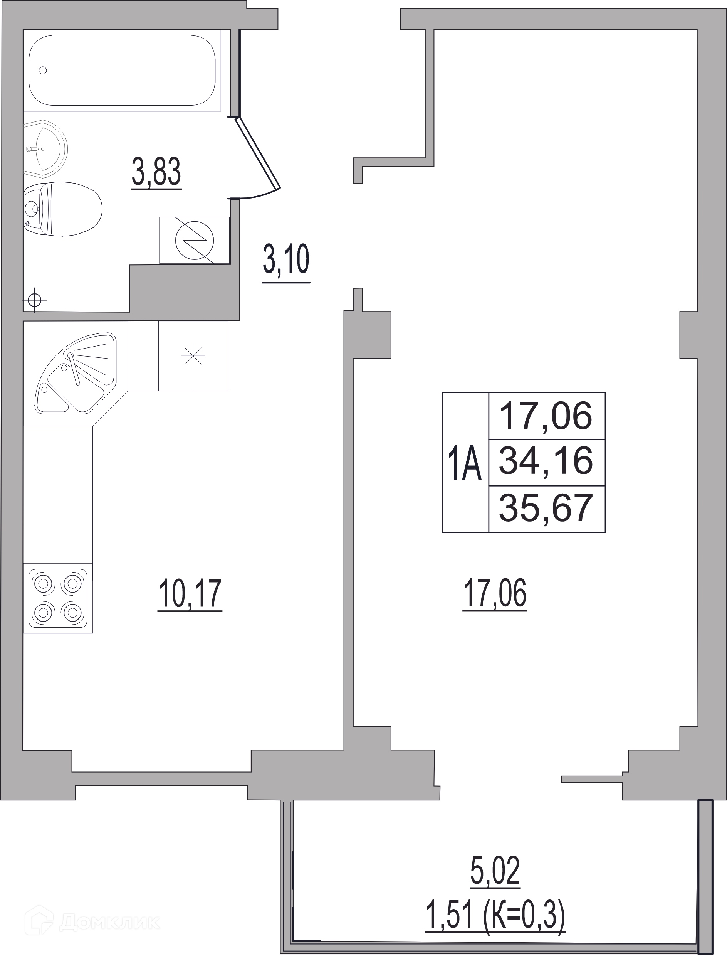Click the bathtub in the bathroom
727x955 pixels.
click(122, 70)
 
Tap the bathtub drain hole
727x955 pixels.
click(43, 70)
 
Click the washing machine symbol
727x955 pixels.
click(194, 240)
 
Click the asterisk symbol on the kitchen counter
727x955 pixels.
click(193, 356)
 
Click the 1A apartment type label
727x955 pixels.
click(465, 464)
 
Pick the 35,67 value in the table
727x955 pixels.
click(546, 509)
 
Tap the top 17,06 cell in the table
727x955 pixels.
click(546, 416)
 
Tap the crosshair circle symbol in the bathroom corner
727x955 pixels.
click(35, 300)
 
